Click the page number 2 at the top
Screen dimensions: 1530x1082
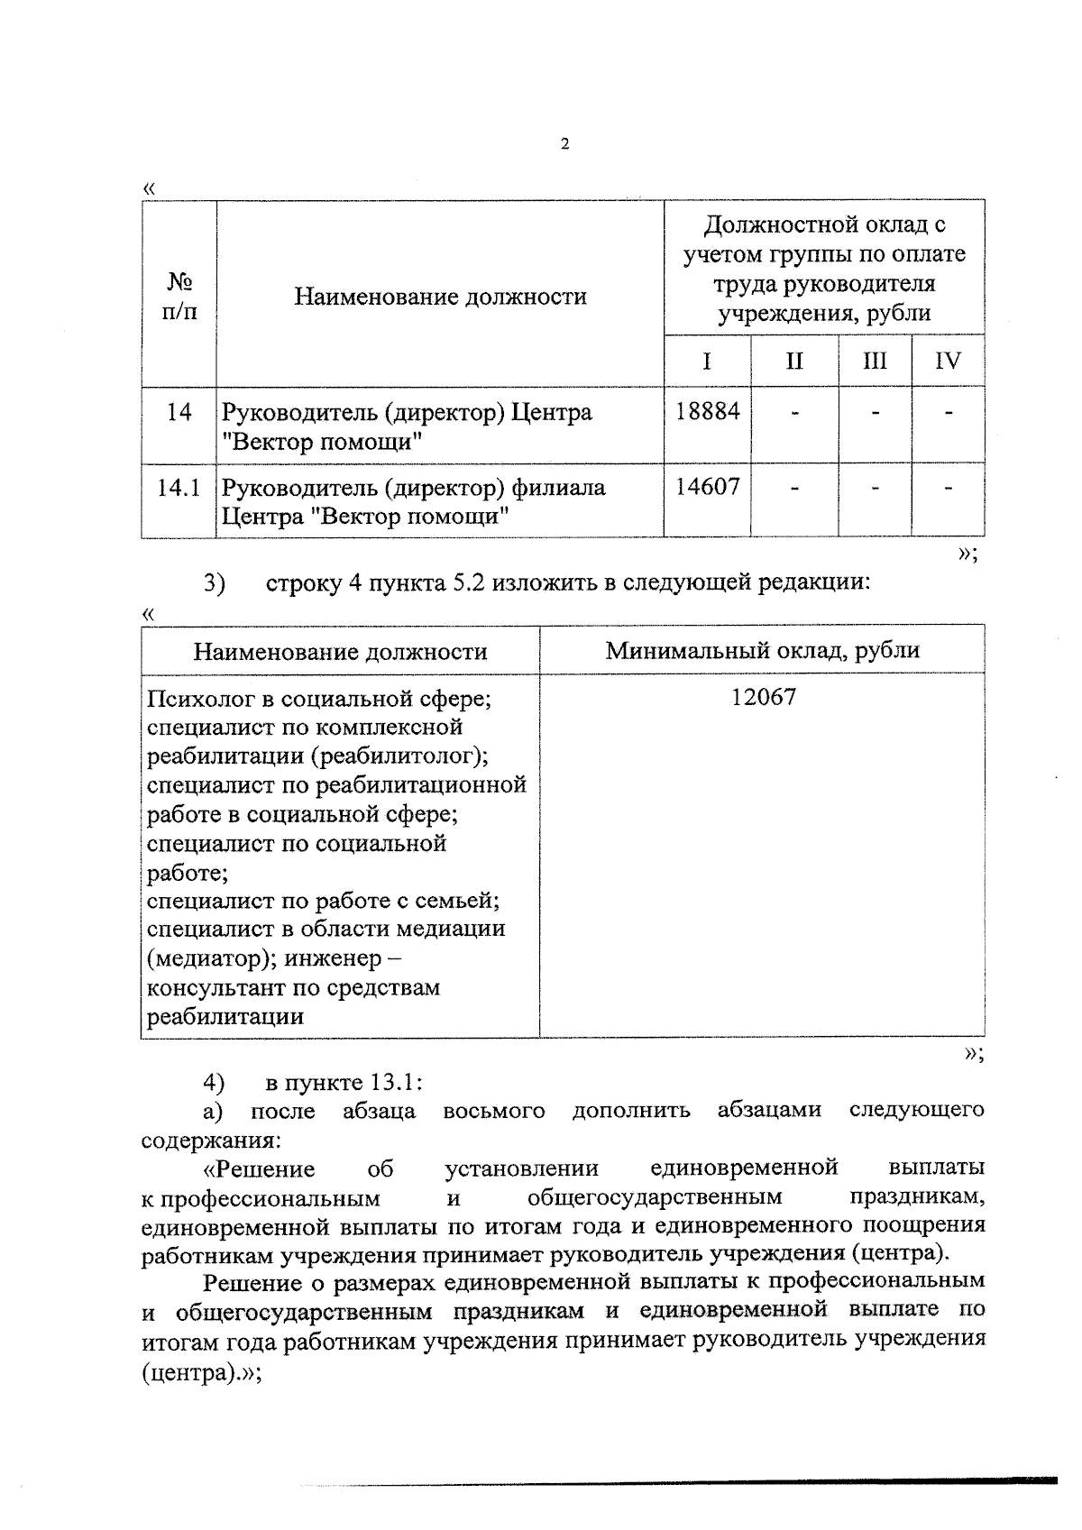[x=564, y=144]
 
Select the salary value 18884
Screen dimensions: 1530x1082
[x=707, y=412]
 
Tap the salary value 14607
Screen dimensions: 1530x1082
[x=707, y=488]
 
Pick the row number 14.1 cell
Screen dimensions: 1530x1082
[x=178, y=489]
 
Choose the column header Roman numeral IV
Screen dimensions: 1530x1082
[x=947, y=362]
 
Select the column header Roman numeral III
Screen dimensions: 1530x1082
[x=874, y=362]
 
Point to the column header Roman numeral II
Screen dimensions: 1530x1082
[x=793, y=362]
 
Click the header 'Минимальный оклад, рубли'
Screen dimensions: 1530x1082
[x=762, y=650]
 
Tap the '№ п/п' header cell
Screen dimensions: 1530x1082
[x=179, y=297]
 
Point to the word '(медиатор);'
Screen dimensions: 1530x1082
[x=212, y=958]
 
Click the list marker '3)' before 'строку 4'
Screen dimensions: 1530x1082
[x=214, y=583]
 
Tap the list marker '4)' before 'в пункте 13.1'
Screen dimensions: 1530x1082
[x=214, y=1081]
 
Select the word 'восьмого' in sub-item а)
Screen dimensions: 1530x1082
[x=493, y=1111]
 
